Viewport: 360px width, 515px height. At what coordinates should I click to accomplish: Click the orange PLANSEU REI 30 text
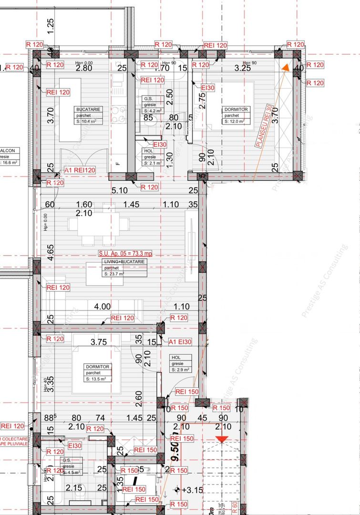(x=267, y=127)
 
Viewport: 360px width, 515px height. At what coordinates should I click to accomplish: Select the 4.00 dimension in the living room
(x=103, y=307)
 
